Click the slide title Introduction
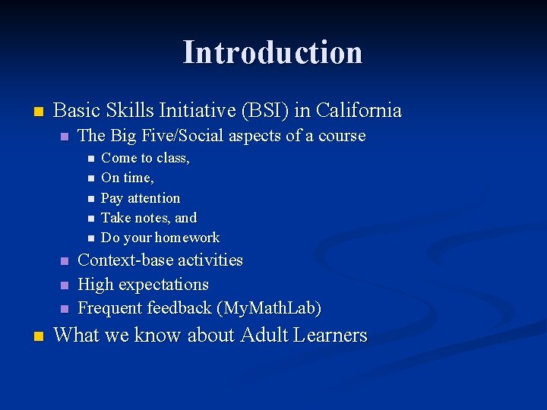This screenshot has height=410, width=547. pyautogui.click(x=273, y=52)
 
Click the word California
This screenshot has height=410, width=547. pyautogui.click(x=359, y=111)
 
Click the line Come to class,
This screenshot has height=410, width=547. pyautogui.click(x=145, y=158)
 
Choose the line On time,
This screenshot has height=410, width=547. pyautogui.click(x=127, y=178)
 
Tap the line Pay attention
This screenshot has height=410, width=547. pyautogui.click(x=141, y=198)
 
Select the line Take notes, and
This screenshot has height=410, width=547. pyautogui.click(x=148, y=218)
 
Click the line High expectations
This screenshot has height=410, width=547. pyautogui.click(x=143, y=285)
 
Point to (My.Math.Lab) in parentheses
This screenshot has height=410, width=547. pyautogui.click(x=269, y=308)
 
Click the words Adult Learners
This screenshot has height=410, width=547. pyautogui.click(x=304, y=336)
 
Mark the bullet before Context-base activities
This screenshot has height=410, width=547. pyautogui.click(x=64, y=261)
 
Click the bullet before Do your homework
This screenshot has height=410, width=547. pyautogui.click(x=89, y=238)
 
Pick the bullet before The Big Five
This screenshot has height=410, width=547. pyautogui.click(x=64, y=137)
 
